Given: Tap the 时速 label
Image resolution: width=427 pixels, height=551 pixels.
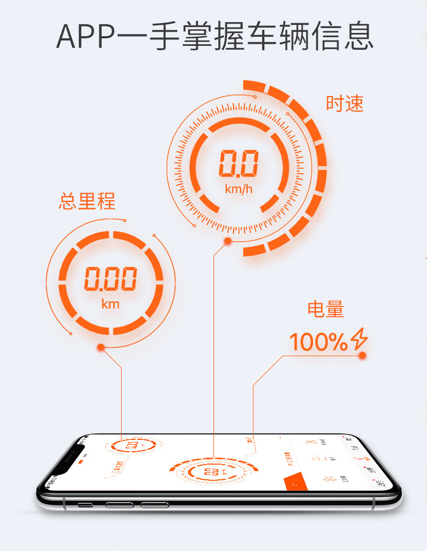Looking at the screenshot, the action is click(x=344, y=104).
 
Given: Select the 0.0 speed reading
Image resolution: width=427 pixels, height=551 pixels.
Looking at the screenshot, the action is click(x=238, y=164).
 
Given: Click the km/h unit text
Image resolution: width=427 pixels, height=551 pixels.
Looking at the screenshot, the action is click(x=238, y=189).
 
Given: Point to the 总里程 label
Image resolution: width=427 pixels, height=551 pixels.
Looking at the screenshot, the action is click(x=87, y=201).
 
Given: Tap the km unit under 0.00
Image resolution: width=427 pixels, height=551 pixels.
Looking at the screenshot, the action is click(x=110, y=304).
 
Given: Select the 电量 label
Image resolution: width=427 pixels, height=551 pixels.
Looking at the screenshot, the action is click(x=326, y=309).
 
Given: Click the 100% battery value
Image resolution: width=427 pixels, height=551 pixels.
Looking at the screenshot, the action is click(x=318, y=342).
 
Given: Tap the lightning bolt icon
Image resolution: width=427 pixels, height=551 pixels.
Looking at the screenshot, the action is click(x=359, y=339).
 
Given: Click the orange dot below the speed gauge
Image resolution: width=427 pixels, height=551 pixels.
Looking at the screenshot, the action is click(x=228, y=241).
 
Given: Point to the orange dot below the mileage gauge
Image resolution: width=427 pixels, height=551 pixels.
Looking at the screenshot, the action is click(x=101, y=347).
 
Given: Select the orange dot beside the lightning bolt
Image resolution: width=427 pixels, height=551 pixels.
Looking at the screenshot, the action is click(x=362, y=355).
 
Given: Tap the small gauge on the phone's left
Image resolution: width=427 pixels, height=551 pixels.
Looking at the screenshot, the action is click(x=132, y=446).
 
